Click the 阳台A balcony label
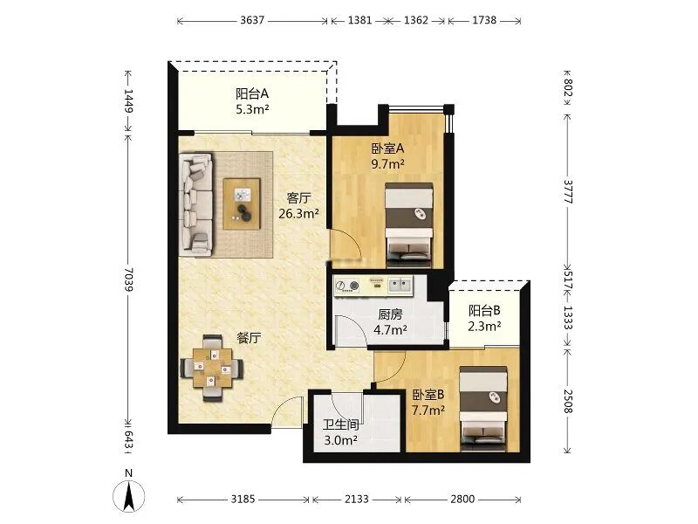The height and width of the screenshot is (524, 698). point(252,94)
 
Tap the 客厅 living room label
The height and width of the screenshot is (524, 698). point(298,198)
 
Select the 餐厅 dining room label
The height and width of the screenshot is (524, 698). point(249,338)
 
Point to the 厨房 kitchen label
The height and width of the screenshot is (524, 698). point(390,314)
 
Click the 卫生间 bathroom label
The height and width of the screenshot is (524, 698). point(341,424)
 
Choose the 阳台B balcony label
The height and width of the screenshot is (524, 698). point(484,310)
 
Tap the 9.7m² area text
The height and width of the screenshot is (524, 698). point(387,164)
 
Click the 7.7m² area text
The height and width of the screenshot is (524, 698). point(428,410)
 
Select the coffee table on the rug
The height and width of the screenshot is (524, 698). point(242,204)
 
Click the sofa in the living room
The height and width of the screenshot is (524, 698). point(195,205)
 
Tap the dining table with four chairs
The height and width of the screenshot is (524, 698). point(212,368)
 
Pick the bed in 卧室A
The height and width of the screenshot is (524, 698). point(409,225)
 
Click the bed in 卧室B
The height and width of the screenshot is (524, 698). point(483,409)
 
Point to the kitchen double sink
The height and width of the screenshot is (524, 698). point(400,285)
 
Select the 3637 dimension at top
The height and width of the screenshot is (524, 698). point(252,20)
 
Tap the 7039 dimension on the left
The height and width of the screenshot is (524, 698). point(128,279)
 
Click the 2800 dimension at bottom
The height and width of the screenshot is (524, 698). point(462,499)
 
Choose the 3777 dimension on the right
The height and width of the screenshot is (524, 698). point(569,191)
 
